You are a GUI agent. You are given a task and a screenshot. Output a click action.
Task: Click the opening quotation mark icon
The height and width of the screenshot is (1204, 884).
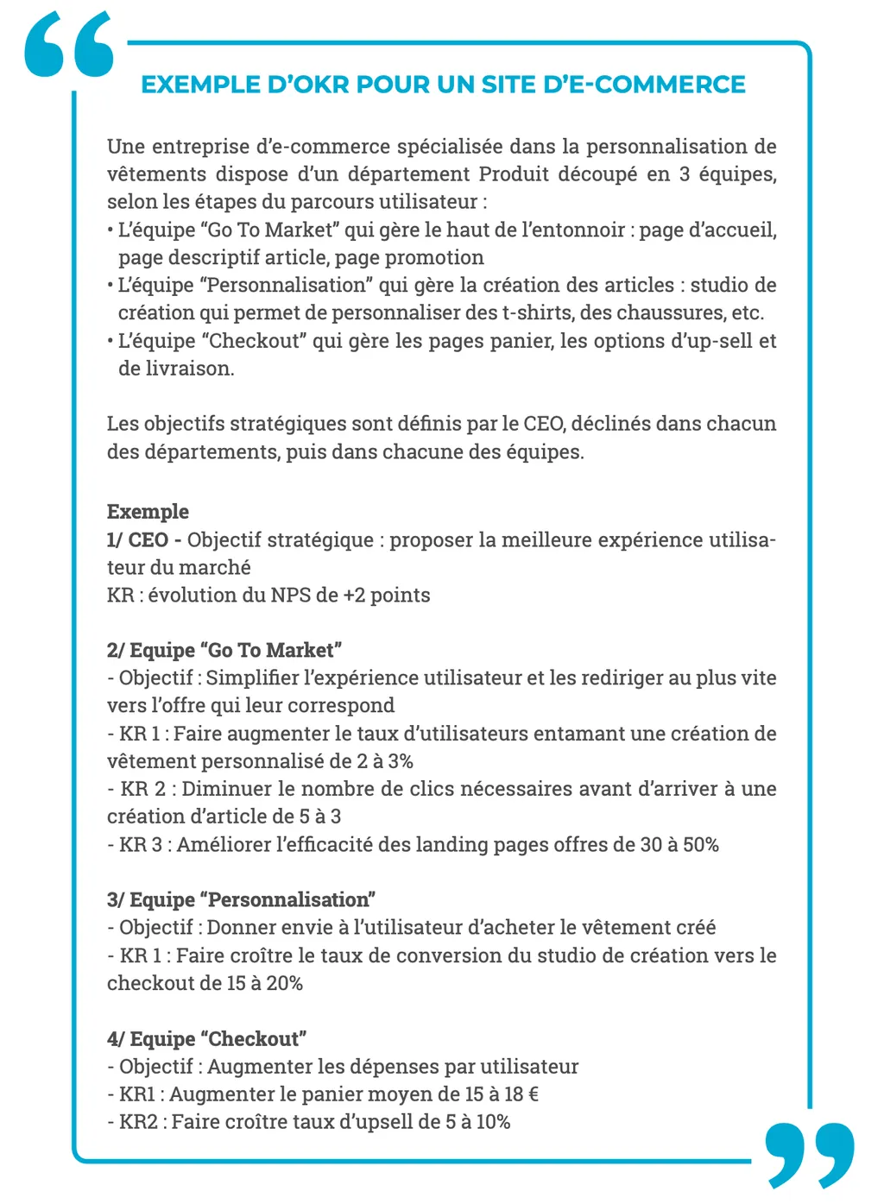pyautogui.click(x=69, y=45)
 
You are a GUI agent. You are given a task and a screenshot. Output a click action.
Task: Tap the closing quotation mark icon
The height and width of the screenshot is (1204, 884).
pyautogui.click(x=809, y=1154)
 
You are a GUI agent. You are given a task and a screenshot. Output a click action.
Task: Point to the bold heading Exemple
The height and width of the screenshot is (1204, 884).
pyautogui.click(x=148, y=512)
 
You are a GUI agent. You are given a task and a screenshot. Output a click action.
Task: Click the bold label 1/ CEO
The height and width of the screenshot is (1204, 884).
pyautogui.click(x=137, y=539)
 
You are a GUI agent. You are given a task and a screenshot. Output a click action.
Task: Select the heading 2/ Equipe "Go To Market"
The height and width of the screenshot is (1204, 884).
pyautogui.click(x=224, y=650)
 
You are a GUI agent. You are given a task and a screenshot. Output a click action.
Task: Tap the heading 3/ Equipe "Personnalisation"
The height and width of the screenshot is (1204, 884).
pyautogui.click(x=241, y=899)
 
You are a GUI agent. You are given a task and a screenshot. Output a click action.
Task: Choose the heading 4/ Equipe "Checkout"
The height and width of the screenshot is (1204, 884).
pyautogui.click(x=207, y=1038)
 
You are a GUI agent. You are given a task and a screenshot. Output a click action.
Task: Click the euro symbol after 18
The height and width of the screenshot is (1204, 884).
pyautogui.click(x=533, y=1094)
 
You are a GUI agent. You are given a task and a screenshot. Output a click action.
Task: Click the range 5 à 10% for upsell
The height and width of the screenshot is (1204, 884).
pyautogui.click(x=477, y=1121)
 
